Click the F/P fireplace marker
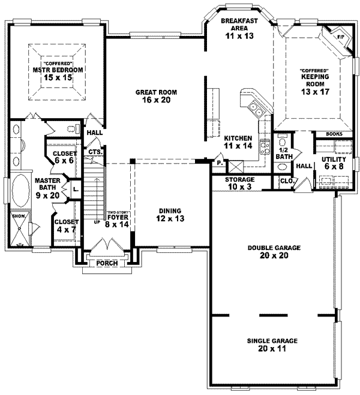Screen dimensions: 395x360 click(340, 37)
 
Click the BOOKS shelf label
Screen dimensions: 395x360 click(334, 134)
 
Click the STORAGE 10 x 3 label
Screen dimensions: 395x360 click(240, 183)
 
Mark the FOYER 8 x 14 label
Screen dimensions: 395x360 click(117, 222)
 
